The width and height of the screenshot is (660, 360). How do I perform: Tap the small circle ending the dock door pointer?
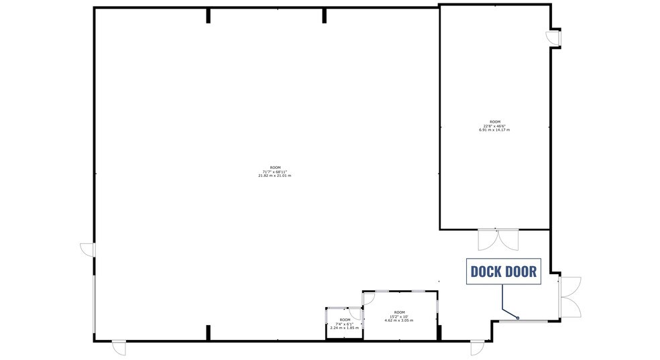tap(518, 318)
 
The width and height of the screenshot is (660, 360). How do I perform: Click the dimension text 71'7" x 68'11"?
tap(274, 171)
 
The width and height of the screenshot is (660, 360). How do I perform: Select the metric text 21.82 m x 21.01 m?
tap(274, 176)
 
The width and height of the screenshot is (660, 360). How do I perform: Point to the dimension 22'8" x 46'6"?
tap(494, 125)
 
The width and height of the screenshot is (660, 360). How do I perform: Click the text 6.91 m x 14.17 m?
tap(494, 130)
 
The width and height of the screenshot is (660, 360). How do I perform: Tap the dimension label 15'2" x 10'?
tap(399, 316)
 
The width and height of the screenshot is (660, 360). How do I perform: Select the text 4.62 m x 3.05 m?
tap(399, 321)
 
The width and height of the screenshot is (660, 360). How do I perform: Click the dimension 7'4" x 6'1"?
tap(344, 324)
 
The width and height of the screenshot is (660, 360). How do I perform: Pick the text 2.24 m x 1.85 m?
tap(344, 328)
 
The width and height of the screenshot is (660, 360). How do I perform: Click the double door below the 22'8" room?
tap(498, 240)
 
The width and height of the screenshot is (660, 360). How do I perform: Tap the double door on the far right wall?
tap(570, 297)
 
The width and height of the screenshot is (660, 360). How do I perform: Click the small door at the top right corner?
tap(554, 39)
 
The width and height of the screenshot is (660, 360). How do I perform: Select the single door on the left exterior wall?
tap(88, 249)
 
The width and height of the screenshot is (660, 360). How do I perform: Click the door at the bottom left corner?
tap(118, 347)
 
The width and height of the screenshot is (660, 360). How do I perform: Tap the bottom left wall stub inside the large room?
tap(208, 333)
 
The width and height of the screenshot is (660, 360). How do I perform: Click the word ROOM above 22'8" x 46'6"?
tap(494, 121)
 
